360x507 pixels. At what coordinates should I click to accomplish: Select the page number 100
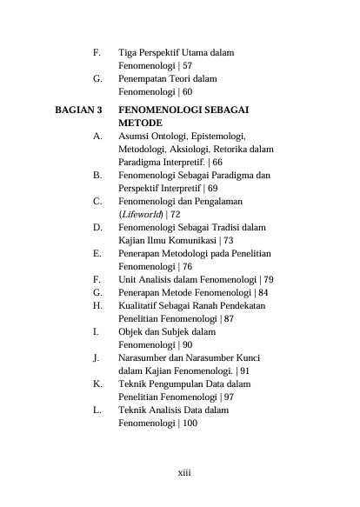tap(190, 423)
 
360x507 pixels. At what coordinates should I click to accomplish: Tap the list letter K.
tap(97, 383)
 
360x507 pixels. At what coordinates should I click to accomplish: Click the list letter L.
tap(97, 410)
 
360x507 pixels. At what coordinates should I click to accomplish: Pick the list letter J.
tap(96, 357)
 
